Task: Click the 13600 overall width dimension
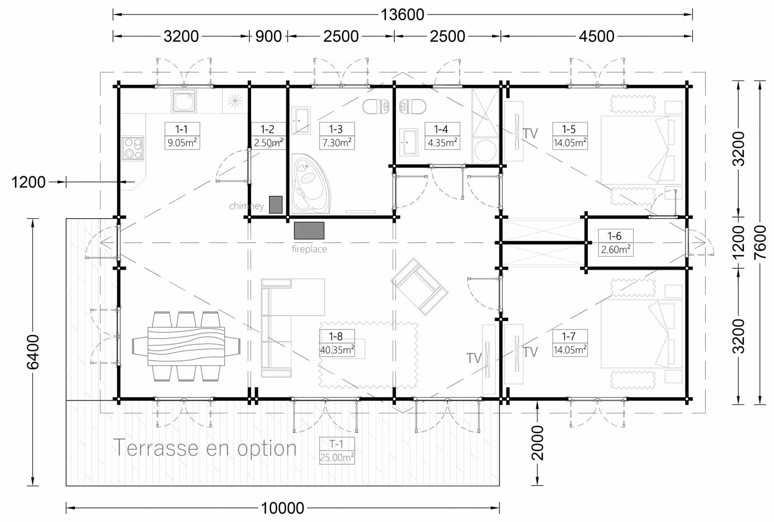(402, 15)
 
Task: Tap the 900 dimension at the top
(268, 36)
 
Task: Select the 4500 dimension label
(596, 36)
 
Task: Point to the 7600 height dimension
(760, 242)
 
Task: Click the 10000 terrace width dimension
(282, 508)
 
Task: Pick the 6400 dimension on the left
(33, 352)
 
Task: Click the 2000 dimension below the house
(537, 443)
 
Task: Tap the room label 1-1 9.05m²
(182, 136)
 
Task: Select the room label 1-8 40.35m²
(337, 343)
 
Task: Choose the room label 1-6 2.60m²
(615, 243)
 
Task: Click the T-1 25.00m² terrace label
(337, 450)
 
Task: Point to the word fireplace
(309, 249)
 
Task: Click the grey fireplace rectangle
(309, 231)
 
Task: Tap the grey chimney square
(276, 205)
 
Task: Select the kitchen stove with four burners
(133, 148)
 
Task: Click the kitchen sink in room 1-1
(184, 101)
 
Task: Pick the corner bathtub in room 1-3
(311, 184)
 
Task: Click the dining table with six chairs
(186, 346)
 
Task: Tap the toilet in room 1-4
(413, 106)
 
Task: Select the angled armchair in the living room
(419, 286)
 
